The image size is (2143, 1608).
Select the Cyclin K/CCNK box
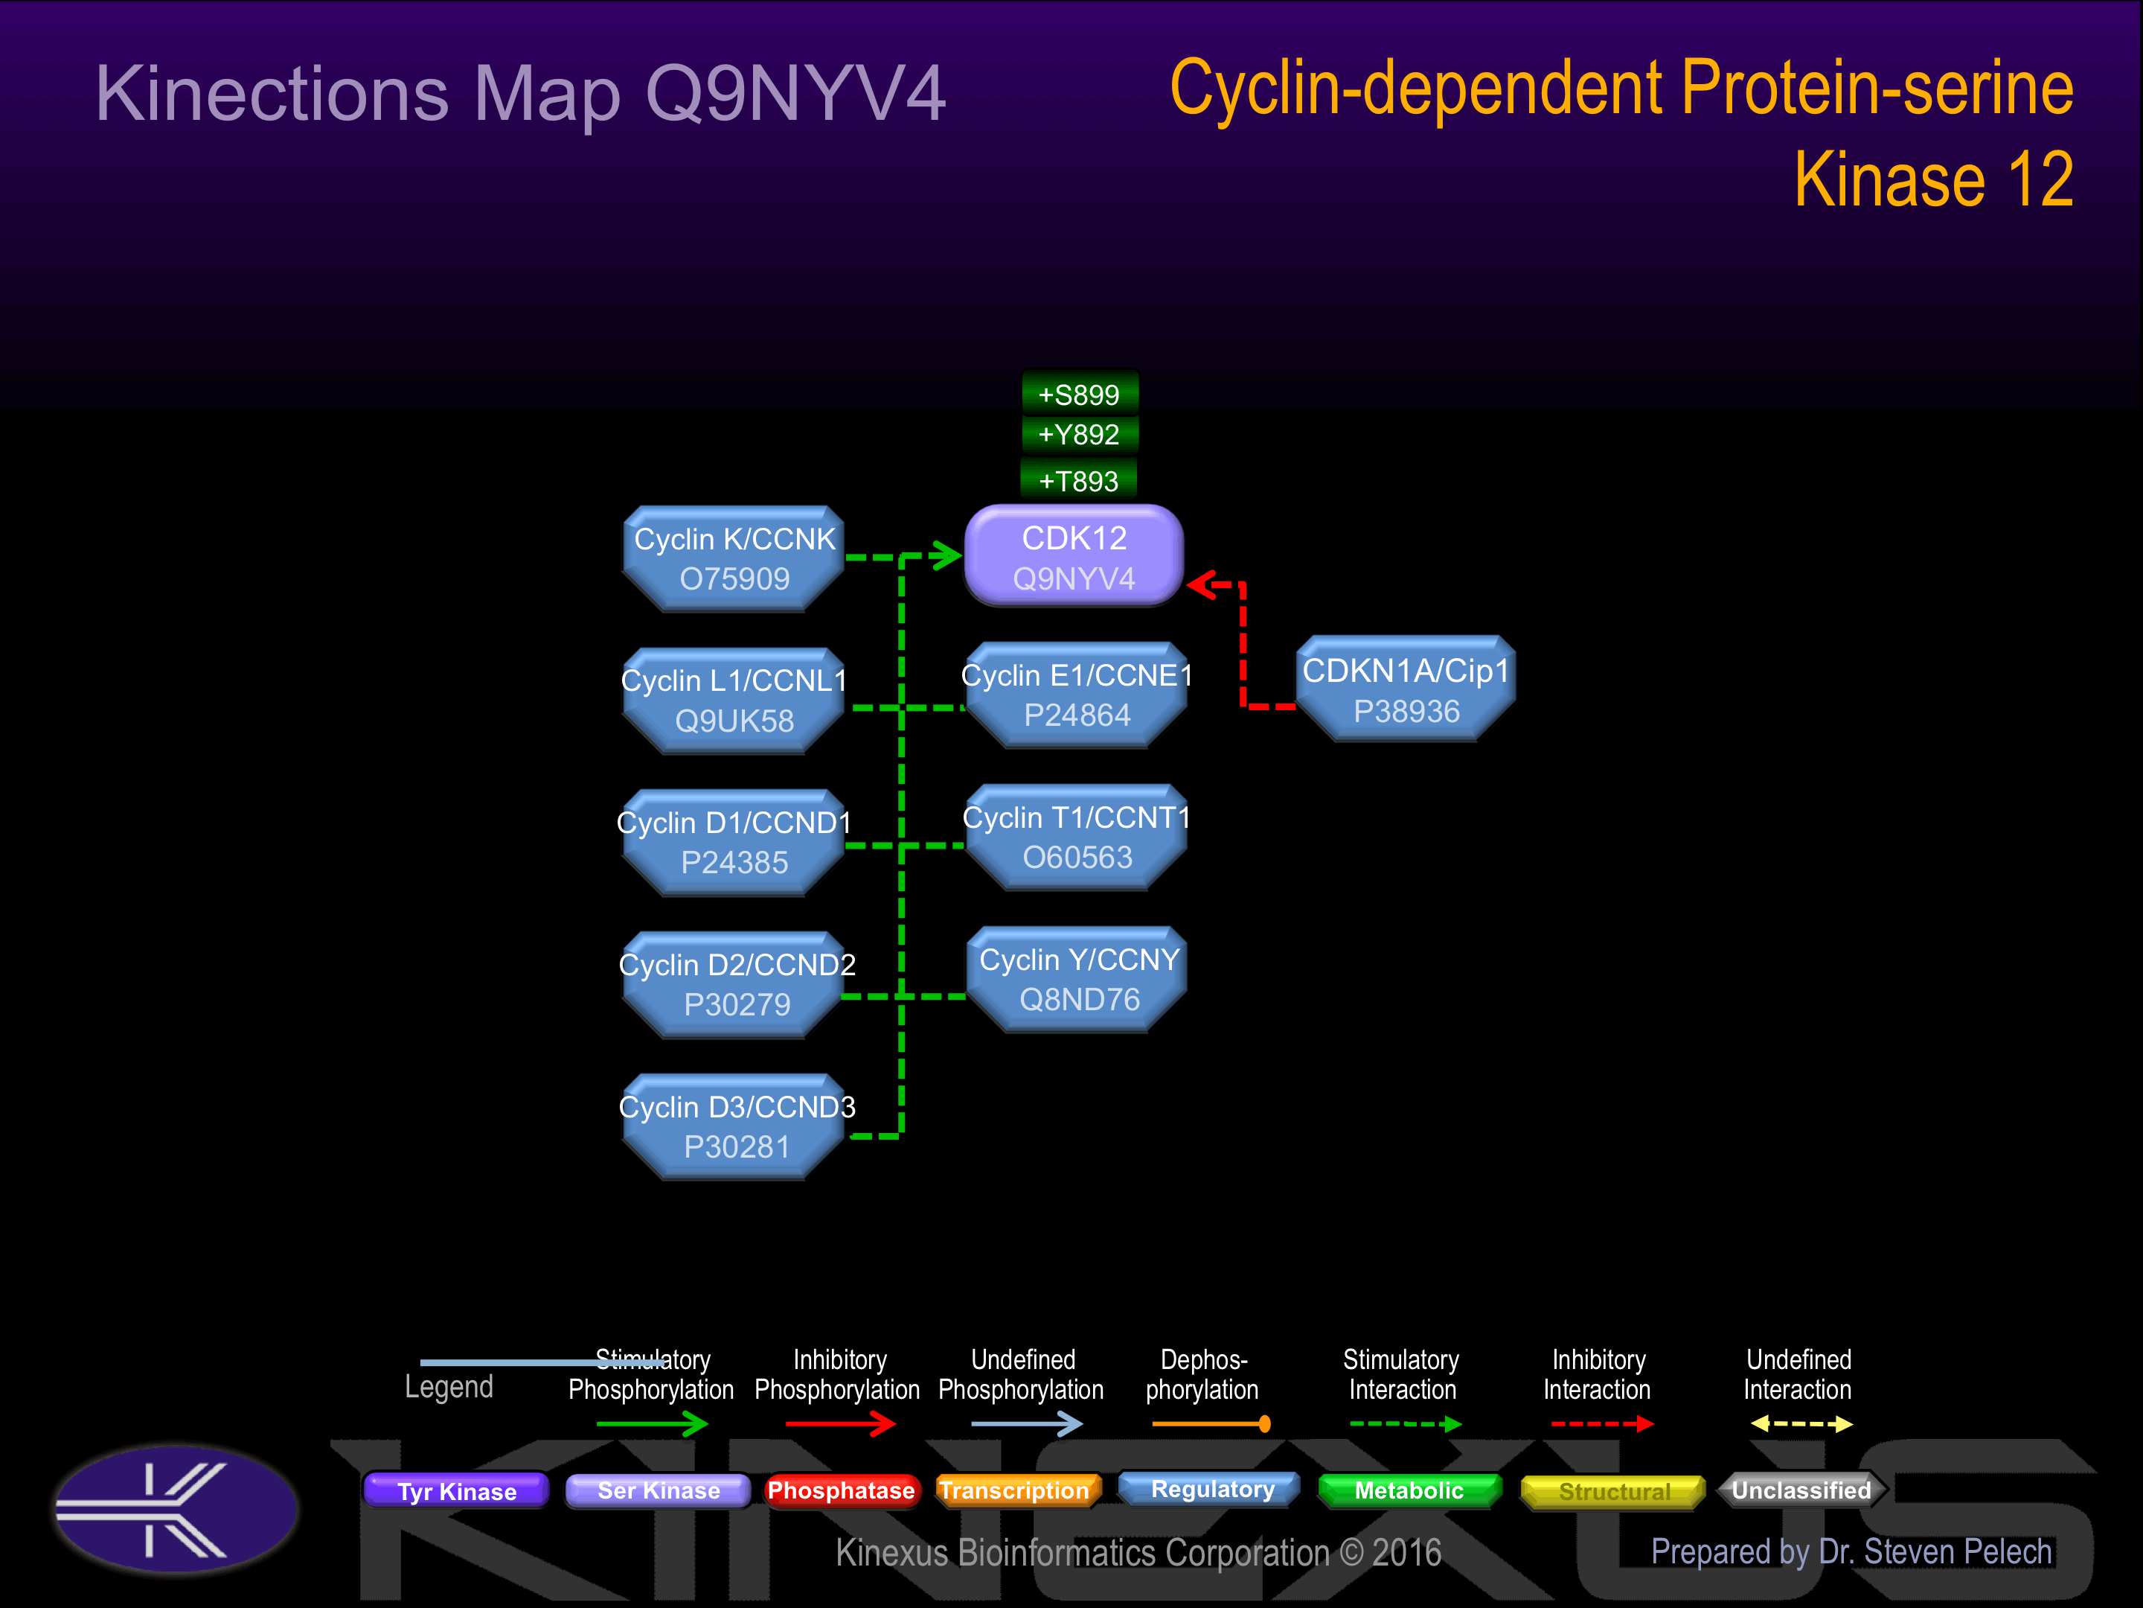point(734,558)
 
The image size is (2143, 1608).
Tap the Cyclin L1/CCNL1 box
point(734,700)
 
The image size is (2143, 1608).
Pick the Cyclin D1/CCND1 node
point(734,842)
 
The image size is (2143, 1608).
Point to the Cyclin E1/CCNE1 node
point(1077,695)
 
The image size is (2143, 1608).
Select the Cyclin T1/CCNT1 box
point(1077,837)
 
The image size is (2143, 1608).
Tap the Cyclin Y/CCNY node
point(1078,979)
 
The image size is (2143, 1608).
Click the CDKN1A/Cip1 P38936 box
point(1406,690)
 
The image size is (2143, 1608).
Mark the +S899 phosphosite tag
point(1079,395)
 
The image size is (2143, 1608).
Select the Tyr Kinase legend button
point(456,1490)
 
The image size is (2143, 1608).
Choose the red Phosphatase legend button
point(840,1490)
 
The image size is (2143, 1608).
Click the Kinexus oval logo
point(176,1509)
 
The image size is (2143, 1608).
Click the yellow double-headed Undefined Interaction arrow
point(1800,1424)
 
